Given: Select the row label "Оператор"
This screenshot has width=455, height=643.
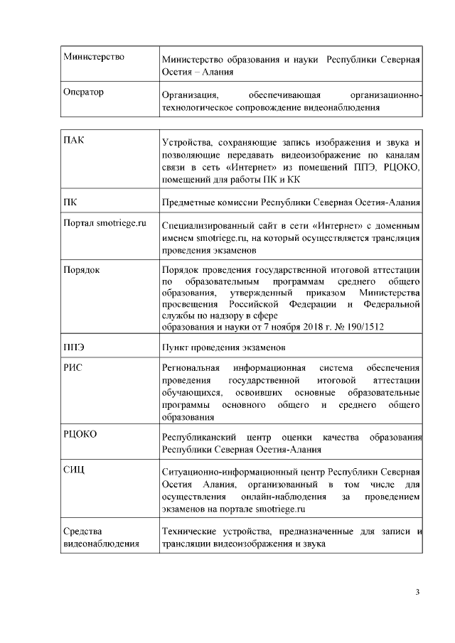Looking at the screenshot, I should (x=83, y=92).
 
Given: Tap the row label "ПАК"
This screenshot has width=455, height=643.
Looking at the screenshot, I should (x=73, y=139).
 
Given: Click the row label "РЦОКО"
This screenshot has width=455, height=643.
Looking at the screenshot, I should (x=80, y=433).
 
